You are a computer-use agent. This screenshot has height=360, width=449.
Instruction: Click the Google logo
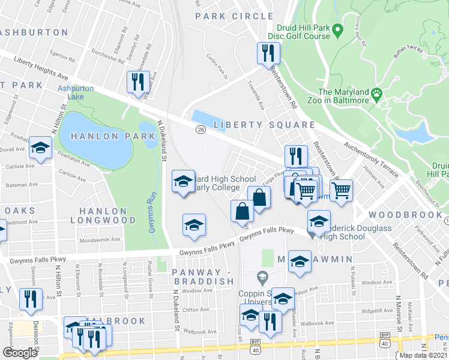[19, 353]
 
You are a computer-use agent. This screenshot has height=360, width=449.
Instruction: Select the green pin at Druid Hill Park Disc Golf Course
[337, 29]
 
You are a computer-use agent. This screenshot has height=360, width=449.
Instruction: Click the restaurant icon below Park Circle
[266, 54]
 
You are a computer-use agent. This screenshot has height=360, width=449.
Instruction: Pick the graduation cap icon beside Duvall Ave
[40, 149]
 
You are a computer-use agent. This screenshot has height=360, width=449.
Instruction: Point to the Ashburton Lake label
[75, 92]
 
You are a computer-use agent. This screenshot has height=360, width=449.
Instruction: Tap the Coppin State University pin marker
[261, 277]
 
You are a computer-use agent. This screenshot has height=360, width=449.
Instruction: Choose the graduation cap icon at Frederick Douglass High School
[319, 221]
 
